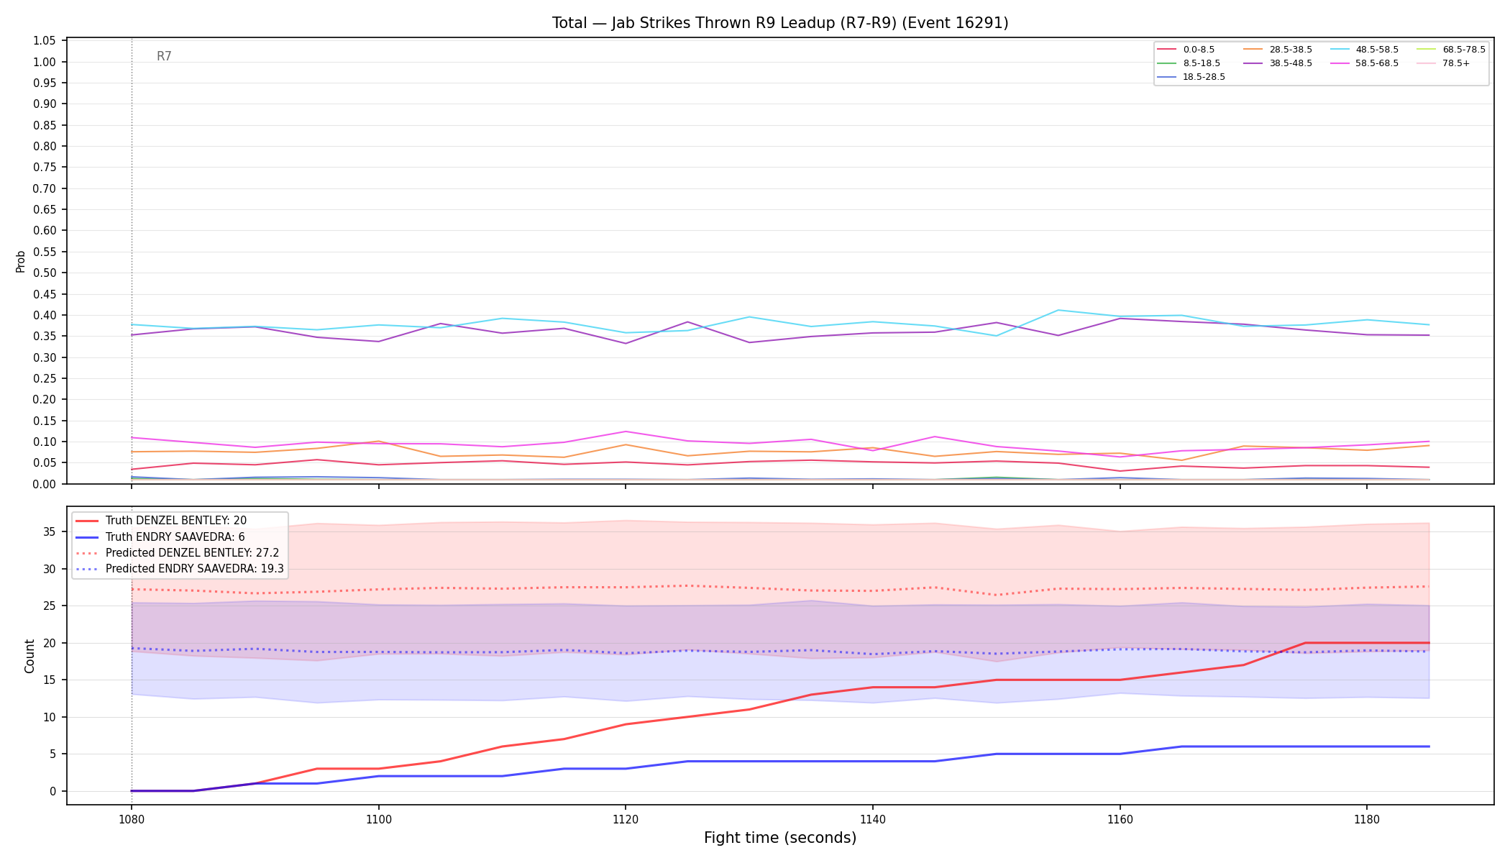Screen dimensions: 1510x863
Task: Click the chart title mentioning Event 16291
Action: click(780, 23)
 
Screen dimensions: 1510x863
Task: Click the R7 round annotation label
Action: click(164, 56)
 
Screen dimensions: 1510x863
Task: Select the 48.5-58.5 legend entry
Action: click(1364, 50)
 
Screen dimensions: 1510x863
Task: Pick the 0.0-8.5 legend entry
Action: click(1186, 50)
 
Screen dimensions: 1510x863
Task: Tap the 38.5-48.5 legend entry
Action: click(1278, 63)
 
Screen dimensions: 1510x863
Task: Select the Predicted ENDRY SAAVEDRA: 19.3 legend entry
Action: click(180, 569)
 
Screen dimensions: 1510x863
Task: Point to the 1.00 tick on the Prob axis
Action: click(45, 62)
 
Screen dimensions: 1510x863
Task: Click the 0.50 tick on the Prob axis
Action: click(45, 273)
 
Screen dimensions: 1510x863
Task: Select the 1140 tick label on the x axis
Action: click(872, 820)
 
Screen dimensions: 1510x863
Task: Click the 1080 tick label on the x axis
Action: click(131, 820)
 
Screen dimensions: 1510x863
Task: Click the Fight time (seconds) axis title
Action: click(780, 838)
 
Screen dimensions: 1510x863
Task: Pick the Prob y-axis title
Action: click(21, 261)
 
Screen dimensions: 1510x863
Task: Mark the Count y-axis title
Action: click(29, 656)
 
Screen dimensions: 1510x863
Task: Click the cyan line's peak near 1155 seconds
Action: click(1058, 310)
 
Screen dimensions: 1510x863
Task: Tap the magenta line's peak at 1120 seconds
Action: click(626, 431)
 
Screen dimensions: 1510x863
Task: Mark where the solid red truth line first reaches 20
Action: click(1305, 643)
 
